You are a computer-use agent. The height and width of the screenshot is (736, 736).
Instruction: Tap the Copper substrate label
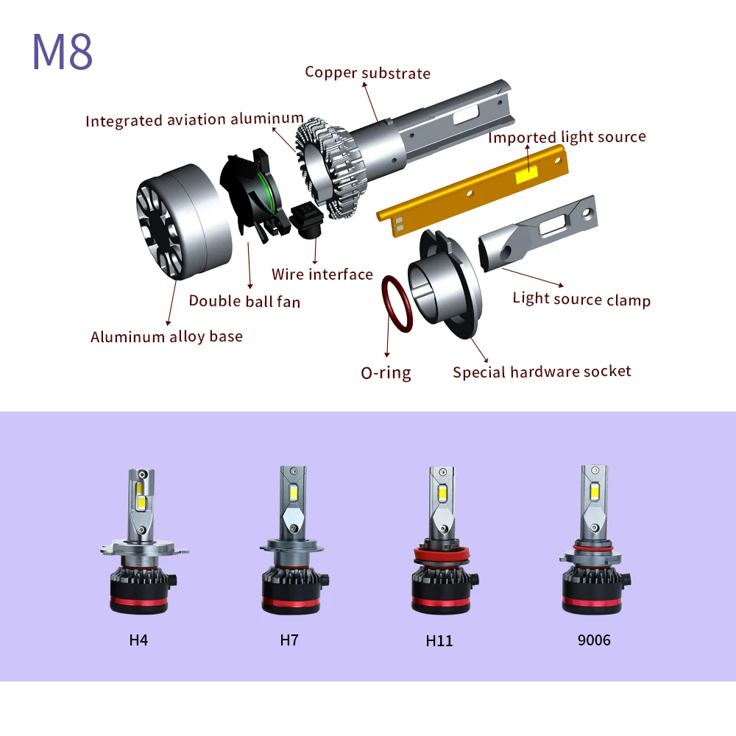coord(367,72)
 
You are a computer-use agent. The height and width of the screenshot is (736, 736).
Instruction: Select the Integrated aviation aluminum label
coord(194,119)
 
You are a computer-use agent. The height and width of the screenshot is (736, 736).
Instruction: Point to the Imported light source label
coord(567,137)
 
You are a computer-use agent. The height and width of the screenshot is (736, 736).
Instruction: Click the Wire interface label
coord(322,275)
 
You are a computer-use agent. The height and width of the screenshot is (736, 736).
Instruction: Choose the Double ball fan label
coord(244,300)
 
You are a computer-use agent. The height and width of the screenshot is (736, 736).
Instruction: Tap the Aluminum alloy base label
coord(166,336)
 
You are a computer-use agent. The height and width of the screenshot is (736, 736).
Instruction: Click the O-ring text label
coord(386,372)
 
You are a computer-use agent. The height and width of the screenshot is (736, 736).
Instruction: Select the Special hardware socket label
coord(542,371)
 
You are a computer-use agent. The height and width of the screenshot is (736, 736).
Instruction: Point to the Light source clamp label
coord(581,300)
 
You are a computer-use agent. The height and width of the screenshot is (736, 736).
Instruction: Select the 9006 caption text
coord(593,640)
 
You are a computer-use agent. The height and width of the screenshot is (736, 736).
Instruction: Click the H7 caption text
coord(289,640)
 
